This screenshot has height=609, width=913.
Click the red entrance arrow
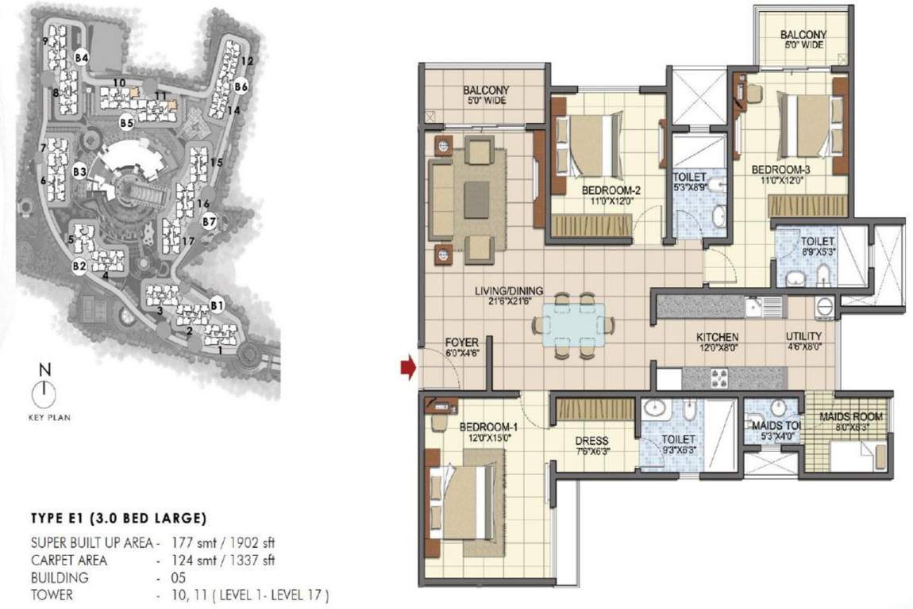point(407,367)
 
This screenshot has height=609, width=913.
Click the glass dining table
point(574,325)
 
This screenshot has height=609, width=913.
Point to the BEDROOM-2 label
point(610,190)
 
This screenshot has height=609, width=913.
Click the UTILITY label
point(803,336)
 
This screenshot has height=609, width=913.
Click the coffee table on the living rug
point(477,195)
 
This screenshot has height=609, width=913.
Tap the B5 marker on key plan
point(126,122)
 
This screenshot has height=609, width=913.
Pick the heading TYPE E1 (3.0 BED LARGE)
point(119,519)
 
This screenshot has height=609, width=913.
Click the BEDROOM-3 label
point(785,169)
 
